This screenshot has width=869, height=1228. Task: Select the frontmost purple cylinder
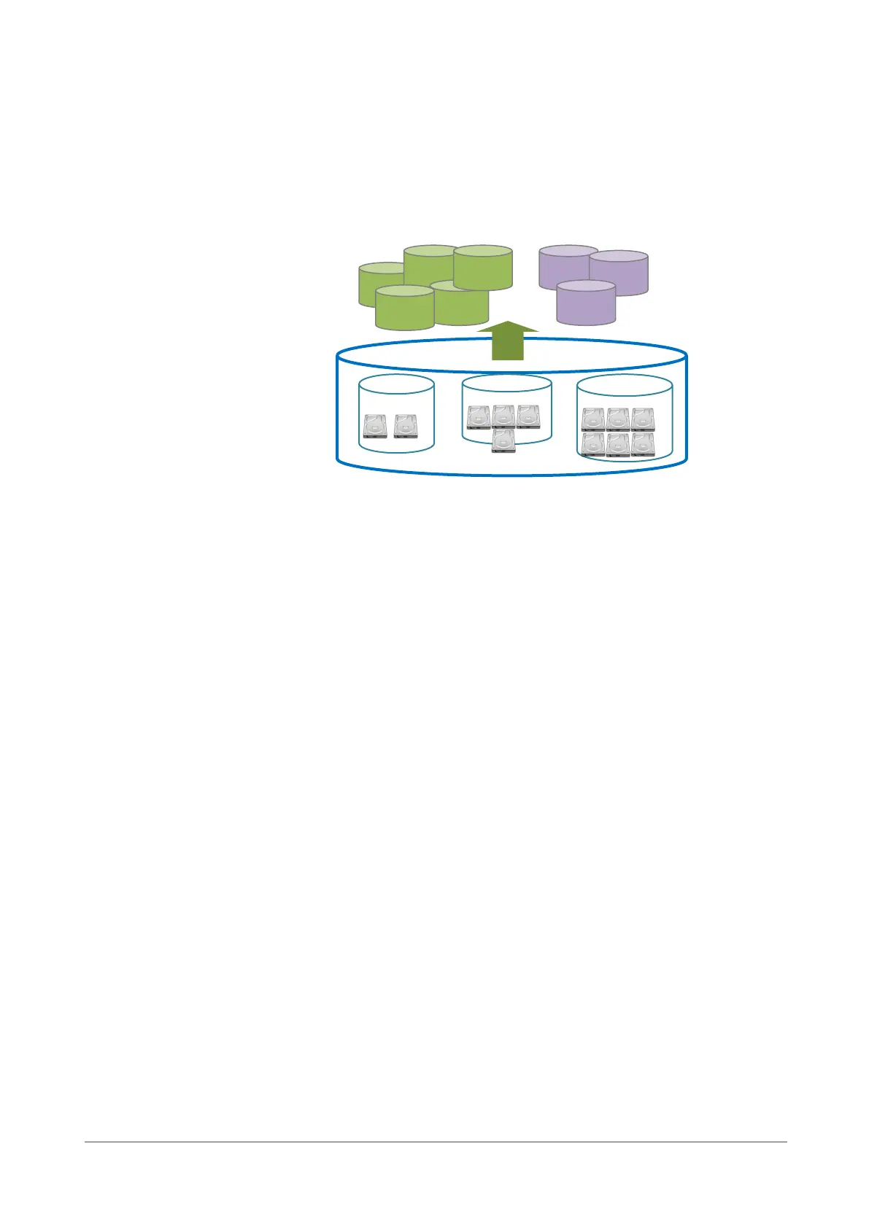[586, 305]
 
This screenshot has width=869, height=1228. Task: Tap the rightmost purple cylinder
[619, 275]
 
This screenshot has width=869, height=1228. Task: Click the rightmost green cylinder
[483, 268]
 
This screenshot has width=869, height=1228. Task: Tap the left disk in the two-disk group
[375, 427]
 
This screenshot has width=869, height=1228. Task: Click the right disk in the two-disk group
[405, 427]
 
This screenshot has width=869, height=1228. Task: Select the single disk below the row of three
[503, 442]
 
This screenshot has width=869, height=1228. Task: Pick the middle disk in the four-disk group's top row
[503, 417]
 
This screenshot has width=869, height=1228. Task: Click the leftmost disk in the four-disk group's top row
[479, 417]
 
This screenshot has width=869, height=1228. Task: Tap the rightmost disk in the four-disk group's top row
[528, 417]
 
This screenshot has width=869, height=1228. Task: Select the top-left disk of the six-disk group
[593, 420]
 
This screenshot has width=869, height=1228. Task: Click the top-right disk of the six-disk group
[643, 420]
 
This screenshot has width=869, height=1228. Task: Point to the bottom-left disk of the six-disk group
[593, 445]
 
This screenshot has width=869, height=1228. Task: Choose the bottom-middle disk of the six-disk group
[618, 445]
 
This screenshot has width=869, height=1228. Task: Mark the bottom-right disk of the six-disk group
[643, 445]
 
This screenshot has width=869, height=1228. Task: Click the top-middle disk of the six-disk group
[618, 420]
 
